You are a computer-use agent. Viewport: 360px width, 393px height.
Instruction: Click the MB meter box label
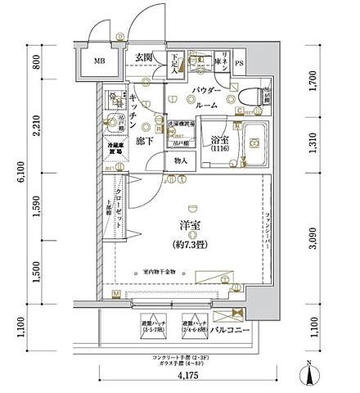(x=98, y=61)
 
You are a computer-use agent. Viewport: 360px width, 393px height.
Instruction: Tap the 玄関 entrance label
(x=145, y=56)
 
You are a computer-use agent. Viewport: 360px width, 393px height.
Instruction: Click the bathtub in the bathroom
(x=250, y=142)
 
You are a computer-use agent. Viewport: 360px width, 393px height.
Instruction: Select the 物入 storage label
(x=181, y=161)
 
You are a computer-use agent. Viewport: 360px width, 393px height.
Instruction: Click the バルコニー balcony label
(x=228, y=330)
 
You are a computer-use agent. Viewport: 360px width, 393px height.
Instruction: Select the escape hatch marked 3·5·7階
(x=149, y=324)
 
